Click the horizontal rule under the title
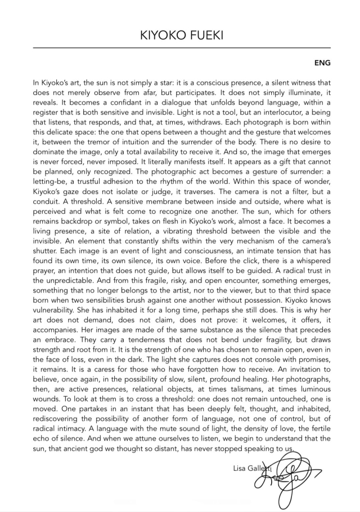[x=180, y=49]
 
